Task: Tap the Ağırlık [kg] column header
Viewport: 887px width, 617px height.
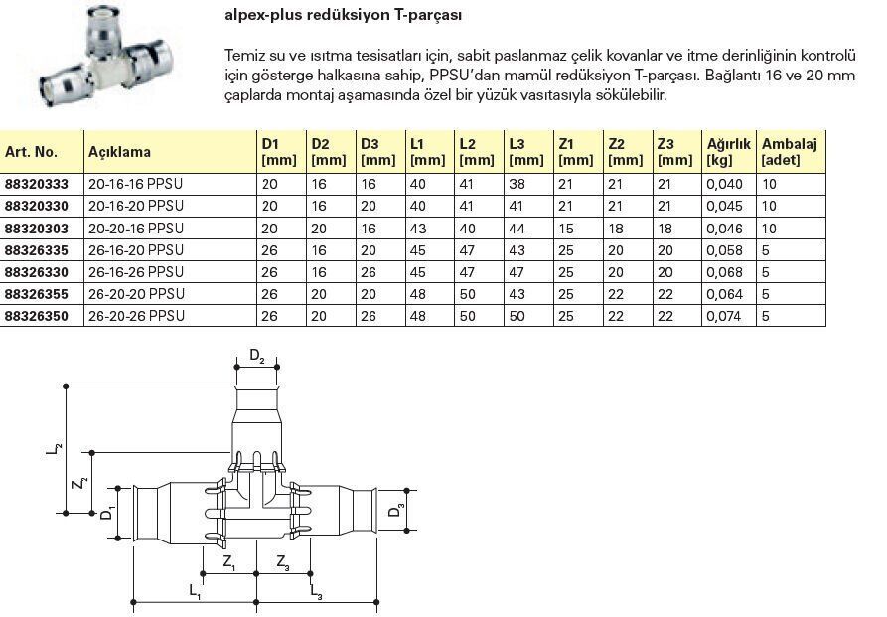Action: [727, 152]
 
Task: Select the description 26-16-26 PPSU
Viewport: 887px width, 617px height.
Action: [136, 269]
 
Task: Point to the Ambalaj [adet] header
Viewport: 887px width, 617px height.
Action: [790, 152]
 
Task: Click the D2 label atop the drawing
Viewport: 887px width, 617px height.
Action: [256, 356]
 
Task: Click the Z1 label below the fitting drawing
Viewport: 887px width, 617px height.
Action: [229, 564]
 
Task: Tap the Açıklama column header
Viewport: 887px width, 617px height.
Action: [119, 152]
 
